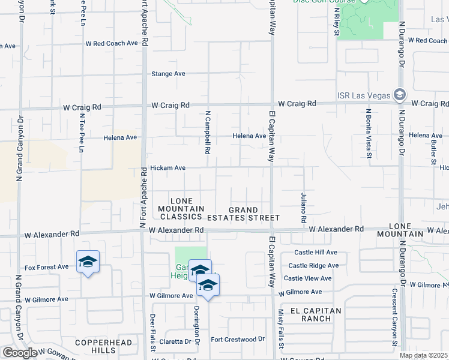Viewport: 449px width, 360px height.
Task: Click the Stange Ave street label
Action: tap(168, 74)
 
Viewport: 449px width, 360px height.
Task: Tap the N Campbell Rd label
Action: tap(208, 132)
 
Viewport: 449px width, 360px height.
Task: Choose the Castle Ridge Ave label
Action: tap(313, 265)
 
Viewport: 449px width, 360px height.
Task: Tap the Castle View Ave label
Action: tap(307, 278)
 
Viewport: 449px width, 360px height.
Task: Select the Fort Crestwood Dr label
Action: tap(237, 339)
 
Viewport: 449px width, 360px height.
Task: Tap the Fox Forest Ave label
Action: tap(46, 267)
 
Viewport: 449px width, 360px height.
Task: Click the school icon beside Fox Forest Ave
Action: tap(88, 262)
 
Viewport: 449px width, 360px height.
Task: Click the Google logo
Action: tap(20, 353)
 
